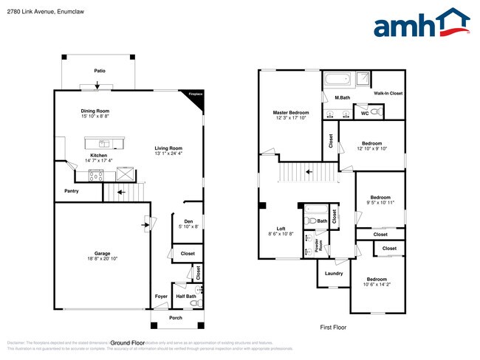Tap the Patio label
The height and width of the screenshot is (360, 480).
[x=99, y=71]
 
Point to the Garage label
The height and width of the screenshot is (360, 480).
[x=102, y=253]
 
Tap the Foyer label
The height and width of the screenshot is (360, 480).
[x=160, y=297]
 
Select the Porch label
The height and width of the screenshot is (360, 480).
[x=176, y=319]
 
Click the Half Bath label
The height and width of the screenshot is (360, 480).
[x=186, y=297]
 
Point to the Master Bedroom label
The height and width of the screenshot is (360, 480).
[x=290, y=112]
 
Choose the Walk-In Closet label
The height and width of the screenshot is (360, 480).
[x=388, y=94]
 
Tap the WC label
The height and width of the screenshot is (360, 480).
[x=363, y=113]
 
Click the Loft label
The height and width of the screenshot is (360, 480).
[x=281, y=229]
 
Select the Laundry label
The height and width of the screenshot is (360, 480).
[x=334, y=273]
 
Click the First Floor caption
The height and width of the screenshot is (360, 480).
[x=333, y=327]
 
